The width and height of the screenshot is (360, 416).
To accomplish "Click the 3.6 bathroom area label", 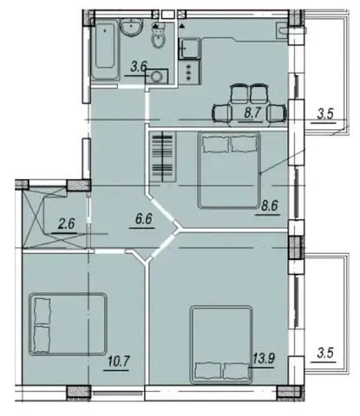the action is click(x=139, y=67).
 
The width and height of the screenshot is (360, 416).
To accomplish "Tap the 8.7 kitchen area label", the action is click(x=252, y=113).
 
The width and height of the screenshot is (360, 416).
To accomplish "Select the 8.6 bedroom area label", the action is click(x=269, y=205).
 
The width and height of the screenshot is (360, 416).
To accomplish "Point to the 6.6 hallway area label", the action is click(x=144, y=218).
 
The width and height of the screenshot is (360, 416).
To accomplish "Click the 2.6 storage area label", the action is click(x=67, y=224).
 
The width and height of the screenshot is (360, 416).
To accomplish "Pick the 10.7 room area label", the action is click(x=119, y=361).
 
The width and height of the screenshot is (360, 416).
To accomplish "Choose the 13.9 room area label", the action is click(x=264, y=359).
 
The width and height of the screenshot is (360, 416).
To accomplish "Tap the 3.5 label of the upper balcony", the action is click(x=325, y=114).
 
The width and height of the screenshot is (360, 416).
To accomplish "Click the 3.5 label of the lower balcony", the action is click(x=325, y=353).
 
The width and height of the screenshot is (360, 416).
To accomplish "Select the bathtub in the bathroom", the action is click(x=105, y=50).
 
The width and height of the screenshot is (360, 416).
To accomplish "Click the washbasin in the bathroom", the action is click(x=132, y=27).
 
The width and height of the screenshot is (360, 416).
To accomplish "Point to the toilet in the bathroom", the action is click(x=158, y=37).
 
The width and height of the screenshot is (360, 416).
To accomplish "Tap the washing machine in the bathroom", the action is click(x=157, y=76).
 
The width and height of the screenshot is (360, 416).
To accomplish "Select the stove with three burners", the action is click(x=189, y=72).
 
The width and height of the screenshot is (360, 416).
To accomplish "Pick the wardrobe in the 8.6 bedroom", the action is click(x=163, y=157).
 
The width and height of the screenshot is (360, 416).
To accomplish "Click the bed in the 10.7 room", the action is click(x=68, y=324).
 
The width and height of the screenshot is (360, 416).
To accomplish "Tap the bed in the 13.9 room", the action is click(x=221, y=345).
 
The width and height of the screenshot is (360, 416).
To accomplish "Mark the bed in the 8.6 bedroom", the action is click(x=229, y=170).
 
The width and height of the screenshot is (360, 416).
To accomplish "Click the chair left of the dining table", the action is click(x=222, y=113).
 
